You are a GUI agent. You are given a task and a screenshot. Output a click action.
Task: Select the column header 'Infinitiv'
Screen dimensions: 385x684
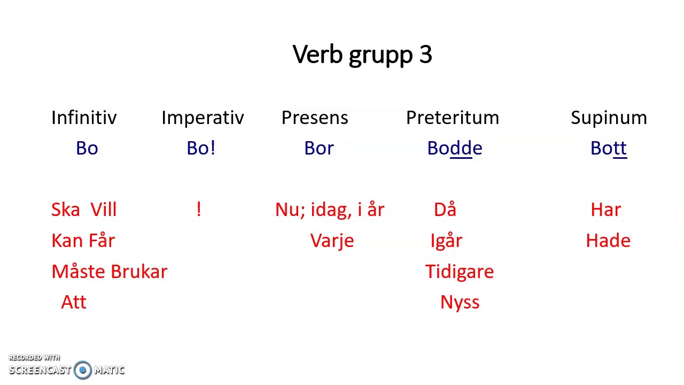84,118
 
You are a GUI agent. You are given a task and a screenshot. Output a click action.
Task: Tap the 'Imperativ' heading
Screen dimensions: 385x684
203,118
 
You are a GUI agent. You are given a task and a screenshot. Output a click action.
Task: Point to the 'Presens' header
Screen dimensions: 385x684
315,118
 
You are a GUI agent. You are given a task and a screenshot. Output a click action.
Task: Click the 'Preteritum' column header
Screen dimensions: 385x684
453,118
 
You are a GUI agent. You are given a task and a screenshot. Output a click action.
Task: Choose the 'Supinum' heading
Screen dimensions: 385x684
609,118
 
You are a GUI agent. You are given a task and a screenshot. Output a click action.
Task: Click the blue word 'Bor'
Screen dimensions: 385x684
319,148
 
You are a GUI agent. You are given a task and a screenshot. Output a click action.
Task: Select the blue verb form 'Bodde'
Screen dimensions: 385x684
455,148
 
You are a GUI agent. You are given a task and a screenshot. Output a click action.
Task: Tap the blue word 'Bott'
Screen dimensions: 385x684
608,148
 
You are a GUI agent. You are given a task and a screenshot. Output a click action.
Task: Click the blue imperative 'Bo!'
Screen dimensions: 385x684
201,148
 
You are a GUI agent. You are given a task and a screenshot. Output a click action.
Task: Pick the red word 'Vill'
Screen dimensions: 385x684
103,210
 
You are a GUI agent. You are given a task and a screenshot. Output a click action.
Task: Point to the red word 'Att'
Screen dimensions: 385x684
74,302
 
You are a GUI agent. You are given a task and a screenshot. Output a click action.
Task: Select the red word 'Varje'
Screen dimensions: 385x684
332,241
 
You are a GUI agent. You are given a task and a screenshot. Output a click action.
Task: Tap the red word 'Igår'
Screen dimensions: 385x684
446,241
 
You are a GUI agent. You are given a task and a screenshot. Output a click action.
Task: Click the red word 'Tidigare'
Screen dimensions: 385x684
460,272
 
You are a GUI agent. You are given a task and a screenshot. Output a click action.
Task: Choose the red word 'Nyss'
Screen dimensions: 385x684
460,303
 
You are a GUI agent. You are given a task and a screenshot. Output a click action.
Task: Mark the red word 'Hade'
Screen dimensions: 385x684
608,241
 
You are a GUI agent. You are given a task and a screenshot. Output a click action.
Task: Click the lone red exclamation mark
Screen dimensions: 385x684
199,209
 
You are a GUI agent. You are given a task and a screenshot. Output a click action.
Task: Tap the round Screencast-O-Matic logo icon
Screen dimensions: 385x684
83,369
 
